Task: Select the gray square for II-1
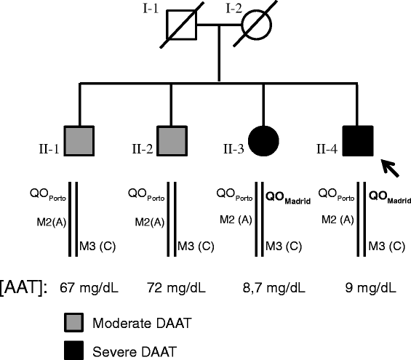(79, 141)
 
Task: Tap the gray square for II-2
(172, 141)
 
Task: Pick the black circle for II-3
(263, 141)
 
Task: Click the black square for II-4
(358, 141)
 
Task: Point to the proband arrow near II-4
(390, 168)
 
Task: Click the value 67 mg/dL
(89, 288)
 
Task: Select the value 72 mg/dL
(177, 288)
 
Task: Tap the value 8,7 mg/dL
(274, 288)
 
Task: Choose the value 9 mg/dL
(370, 288)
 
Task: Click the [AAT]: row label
(23, 288)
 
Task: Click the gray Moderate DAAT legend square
(74, 322)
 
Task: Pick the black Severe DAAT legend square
(74, 351)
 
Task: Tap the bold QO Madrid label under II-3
(288, 198)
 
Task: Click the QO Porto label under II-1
(48, 195)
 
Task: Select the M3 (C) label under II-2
(196, 247)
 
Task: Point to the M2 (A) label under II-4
(338, 220)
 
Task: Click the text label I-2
(234, 9)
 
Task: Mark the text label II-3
(234, 149)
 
